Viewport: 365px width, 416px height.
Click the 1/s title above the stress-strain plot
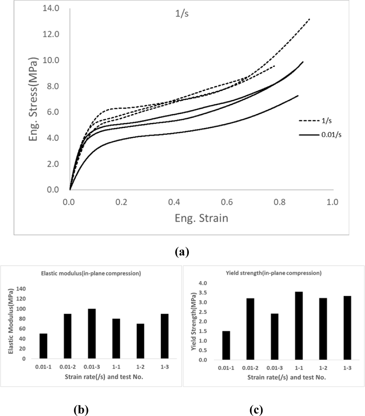182,14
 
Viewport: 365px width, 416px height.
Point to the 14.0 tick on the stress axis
51,8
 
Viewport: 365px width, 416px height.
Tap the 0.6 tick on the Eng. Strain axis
227,202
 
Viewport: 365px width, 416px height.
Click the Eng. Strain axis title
201,218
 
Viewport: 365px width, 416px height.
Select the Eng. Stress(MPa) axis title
33,99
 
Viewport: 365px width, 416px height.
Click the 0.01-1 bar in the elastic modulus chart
43,346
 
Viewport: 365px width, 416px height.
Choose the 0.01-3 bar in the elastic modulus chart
92,334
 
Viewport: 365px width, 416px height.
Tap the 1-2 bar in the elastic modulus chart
140,341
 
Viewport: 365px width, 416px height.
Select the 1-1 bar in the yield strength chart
299,326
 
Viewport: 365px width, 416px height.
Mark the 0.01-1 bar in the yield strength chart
226,345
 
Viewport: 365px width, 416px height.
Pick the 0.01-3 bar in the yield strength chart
275,337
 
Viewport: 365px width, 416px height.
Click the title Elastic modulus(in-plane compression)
91,273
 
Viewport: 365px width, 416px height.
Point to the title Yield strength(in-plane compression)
273,273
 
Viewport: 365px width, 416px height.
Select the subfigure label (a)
182,252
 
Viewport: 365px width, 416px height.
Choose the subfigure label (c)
256,410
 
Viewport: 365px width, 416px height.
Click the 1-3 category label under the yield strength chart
347,368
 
